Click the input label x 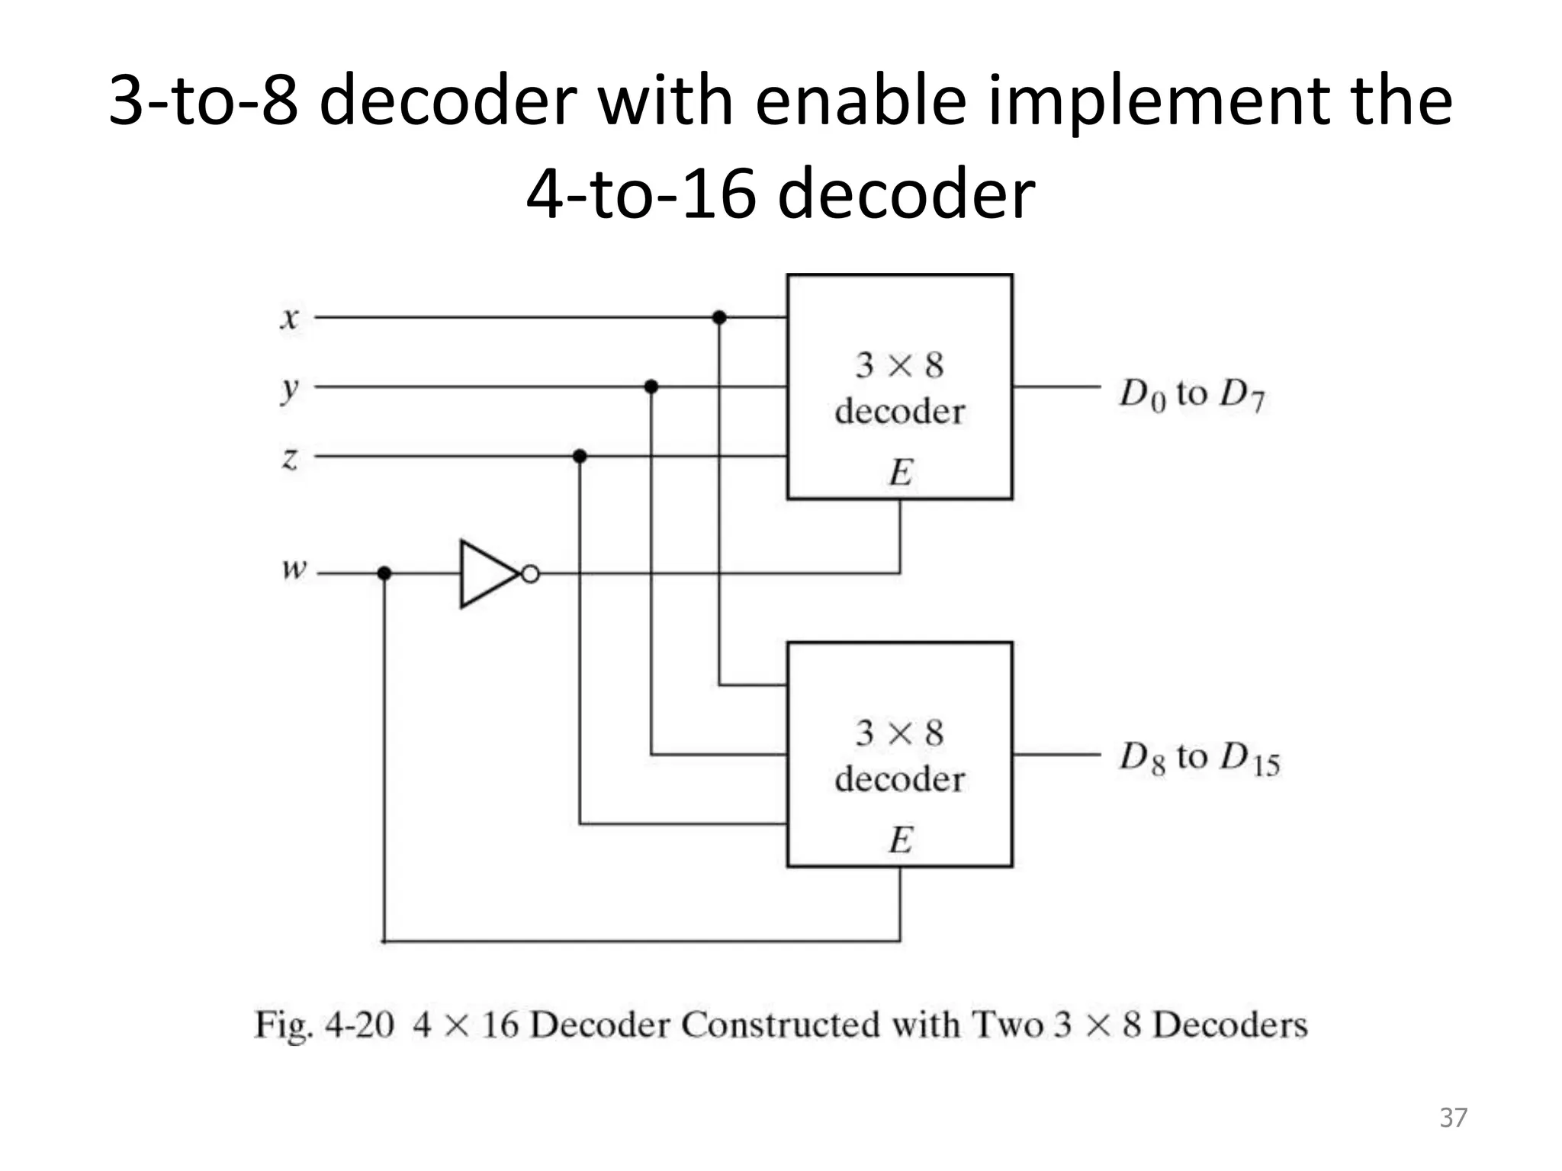pos(289,318)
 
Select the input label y pos(289,390)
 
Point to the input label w pos(294,569)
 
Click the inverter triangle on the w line pos(486,574)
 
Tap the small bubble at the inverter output pos(531,574)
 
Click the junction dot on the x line pos(718,317)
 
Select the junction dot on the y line pos(651,387)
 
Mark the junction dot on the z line pos(580,457)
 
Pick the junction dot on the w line pos(384,573)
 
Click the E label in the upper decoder pos(900,473)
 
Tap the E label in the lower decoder pos(900,840)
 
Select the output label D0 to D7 pos(1191,395)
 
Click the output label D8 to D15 pos(1199,759)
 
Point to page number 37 pos(1453,1118)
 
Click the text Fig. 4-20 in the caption pos(324,1024)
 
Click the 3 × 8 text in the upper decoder pos(899,365)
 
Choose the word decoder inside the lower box pos(899,779)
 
